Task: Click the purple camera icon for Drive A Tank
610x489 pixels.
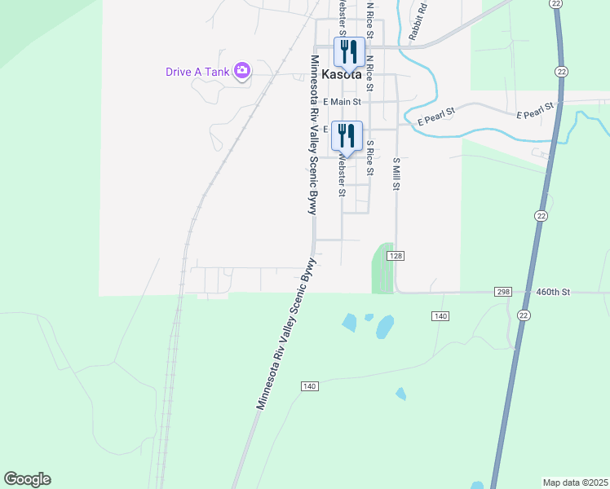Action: click(x=241, y=71)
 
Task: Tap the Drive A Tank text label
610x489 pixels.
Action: click(x=197, y=72)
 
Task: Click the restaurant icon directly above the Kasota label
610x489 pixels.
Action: click(x=349, y=51)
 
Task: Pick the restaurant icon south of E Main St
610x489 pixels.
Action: click(x=347, y=135)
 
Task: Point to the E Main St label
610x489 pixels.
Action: click(x=343, y=102)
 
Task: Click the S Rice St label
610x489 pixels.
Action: click(x=369, y=158)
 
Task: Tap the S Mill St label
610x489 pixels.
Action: click(x=396, y=174)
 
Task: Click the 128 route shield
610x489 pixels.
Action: click(x=396, y=256)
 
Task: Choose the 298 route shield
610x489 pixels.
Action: click(x=503, y=292)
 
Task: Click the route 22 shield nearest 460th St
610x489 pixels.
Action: click(x=524, y=315)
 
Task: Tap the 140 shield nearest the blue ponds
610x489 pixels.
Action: click(x=440, y=315)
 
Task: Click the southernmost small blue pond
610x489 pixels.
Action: click(x=400, y=394)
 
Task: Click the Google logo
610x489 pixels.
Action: click(x=27, y=479)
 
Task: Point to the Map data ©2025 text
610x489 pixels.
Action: click(x=576, y=482)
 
